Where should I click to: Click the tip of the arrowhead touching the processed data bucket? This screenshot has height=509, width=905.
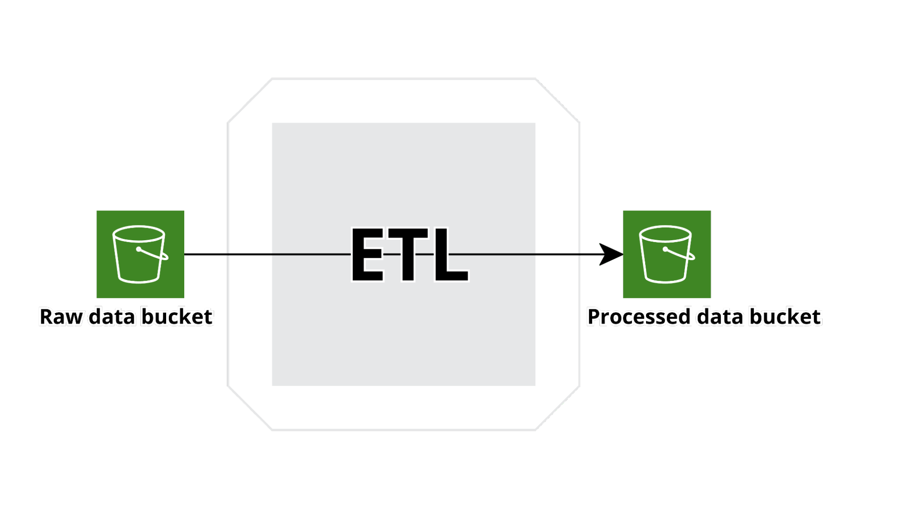623,254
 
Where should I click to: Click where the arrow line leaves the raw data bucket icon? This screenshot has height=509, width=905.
184,254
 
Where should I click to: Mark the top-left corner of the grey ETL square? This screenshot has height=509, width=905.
272,123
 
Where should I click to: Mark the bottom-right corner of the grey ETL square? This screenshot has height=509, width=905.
535,385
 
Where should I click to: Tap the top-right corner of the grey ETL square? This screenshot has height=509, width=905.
535,123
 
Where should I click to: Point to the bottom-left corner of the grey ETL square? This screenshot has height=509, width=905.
272,385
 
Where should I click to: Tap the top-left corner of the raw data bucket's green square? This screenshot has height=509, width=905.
96,211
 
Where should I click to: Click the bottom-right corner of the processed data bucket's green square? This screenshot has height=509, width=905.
711,298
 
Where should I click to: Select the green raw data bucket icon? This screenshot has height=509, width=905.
140,254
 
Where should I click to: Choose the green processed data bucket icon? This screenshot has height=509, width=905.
667,254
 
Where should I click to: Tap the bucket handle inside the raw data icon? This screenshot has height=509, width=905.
153,254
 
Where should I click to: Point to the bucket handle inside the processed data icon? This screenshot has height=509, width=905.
679,254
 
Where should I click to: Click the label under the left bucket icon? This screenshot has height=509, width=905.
126,317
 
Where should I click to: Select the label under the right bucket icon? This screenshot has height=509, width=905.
704,317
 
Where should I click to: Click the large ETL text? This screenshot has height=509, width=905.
410,254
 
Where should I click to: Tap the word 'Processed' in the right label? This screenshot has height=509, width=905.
639,317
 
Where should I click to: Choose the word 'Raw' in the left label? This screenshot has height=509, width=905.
61,317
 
